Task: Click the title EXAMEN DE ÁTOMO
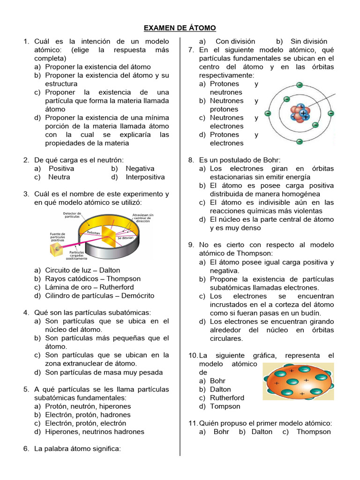click(x=180, y=28)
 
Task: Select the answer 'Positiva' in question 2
click(x=61, y=168)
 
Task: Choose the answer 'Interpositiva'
click(x=145, y=177)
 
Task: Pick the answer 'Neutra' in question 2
click(x=59, y=177)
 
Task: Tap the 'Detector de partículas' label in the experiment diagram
click(x=72, y=215)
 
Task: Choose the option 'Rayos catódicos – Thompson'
click(x=93, y=279)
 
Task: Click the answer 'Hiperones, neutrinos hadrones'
click(x=95, y=432)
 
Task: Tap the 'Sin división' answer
click(x=308, y=41)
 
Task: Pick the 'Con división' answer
click(x=235, y=41)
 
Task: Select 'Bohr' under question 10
click(x=218, y=381)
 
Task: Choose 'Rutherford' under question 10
click(x=227, y=398)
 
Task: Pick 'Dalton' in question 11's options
click(x=262, y=432)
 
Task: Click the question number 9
click(x=191, y=245)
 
